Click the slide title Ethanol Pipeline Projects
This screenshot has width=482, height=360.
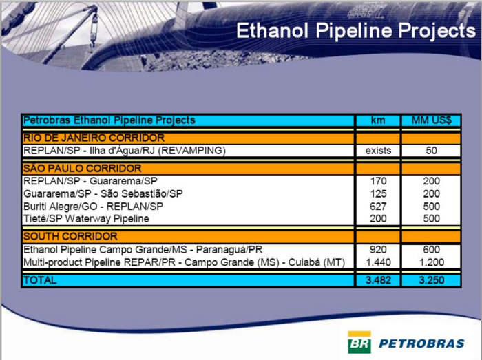click(x=356, y=32)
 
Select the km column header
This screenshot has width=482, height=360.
click(x=378, y=120)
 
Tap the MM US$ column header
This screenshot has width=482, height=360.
click(x=432, y=120)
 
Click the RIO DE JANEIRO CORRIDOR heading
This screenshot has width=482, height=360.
click(x=94, y=138)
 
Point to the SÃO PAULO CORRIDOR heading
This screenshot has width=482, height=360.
click(x=83, y=169)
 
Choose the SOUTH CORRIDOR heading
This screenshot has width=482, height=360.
click(x=70, y=236)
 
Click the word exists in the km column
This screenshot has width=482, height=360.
click(x=378, y=151)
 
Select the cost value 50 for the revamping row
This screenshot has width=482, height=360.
click(x=432, y=151)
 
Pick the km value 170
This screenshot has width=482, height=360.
click(x=378, y=181)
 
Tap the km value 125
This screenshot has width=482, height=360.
click(x=378, y=194)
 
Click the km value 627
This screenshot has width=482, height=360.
click(x=378, y=207)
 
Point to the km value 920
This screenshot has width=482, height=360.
click(x=378, y=250)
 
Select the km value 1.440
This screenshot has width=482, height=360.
click(x=378, y=262)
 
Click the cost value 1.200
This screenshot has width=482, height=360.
click(x=432, y=262)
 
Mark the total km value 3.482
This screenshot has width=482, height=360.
click(x=378, y=280)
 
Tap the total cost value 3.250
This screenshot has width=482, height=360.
click(x=432, y=280)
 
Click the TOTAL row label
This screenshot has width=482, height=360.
click(x=40, y=280)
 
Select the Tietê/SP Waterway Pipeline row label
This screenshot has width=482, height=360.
click(x=86, y=219)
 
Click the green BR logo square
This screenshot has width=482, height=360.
click(x=359, y=343)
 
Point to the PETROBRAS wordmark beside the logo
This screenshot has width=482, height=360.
click(x=421, y=343)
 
